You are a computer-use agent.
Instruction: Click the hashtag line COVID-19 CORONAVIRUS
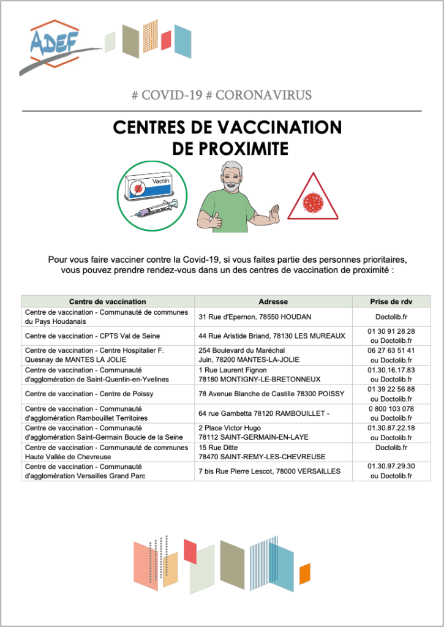click(222, 95)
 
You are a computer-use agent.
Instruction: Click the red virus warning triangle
click(312, 198)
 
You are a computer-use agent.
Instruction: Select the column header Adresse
click(273, 301)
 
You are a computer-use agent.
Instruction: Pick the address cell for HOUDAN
click(255, 317)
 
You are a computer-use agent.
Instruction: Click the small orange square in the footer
click(304, 576)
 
